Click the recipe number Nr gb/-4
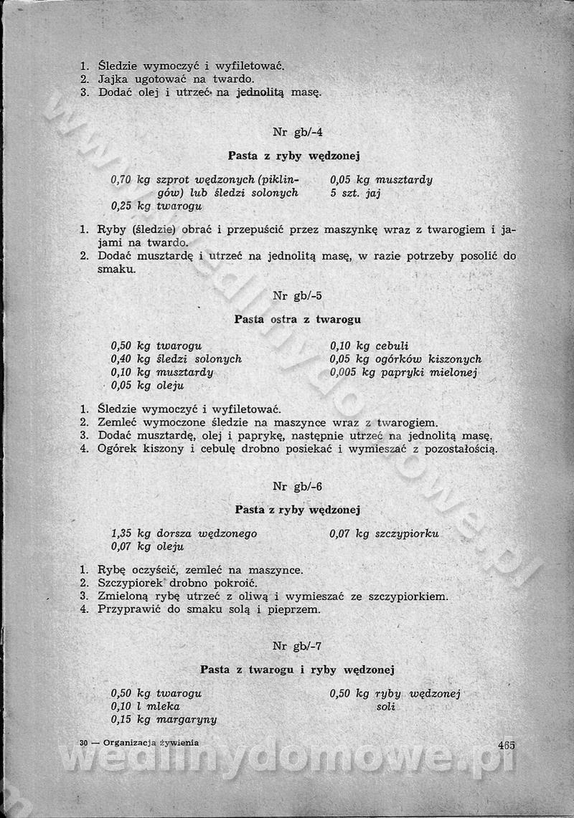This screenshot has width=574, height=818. [298, 132]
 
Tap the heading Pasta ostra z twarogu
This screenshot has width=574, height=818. [297, 319]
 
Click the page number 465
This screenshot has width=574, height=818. [505, 744]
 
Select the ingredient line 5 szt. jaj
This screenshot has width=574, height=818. [355, 193]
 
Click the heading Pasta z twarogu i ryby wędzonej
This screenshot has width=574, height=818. [298, 670]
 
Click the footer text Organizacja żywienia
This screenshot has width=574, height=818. [151, 743]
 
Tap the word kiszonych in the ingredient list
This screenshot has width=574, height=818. [455, 359]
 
